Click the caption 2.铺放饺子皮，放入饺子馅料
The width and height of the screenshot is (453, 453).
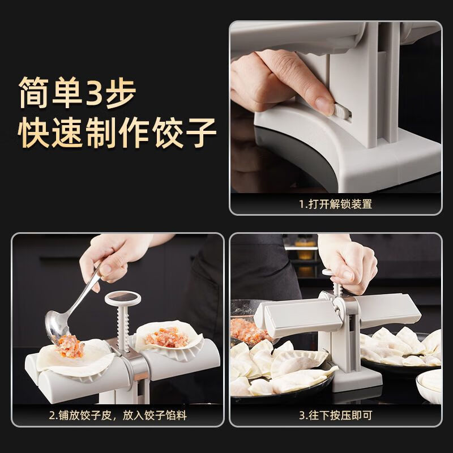117,416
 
